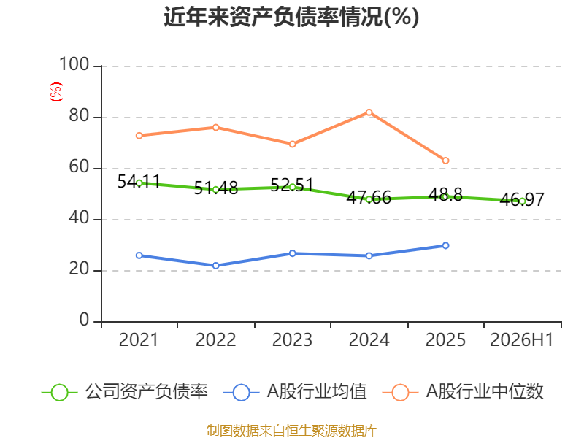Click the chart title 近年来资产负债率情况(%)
[291, 17]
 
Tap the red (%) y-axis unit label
[56, 92]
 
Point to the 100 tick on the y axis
[74, 64]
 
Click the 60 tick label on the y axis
[79, 167]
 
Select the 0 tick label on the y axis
[84, 320]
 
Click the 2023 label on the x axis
[292, 340]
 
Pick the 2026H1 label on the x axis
[522, 340]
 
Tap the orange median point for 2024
[369, 112]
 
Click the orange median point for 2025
[445, 161]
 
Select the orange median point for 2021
[139, 136]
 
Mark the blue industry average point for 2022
[215, 266]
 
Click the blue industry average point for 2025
[445, 245]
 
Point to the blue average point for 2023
[293, 253]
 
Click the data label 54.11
[139, 182]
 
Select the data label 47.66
[369, 197]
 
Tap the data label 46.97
[522, 199]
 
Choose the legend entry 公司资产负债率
[125, 392]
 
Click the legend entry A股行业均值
[295, 392]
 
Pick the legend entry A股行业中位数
[463, 392]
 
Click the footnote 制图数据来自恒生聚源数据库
[292, 431]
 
